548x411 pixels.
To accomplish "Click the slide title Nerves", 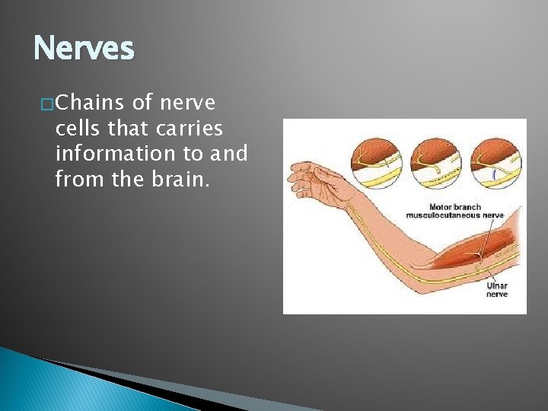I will click(84, 49).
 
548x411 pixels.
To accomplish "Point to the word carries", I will click(188, 128).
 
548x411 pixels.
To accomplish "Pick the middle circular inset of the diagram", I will click(435, 160).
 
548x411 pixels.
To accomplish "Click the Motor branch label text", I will click(454, 206).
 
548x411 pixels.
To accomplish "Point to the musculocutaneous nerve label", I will click(454, 215).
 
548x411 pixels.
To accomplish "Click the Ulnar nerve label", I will click(497, 290).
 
